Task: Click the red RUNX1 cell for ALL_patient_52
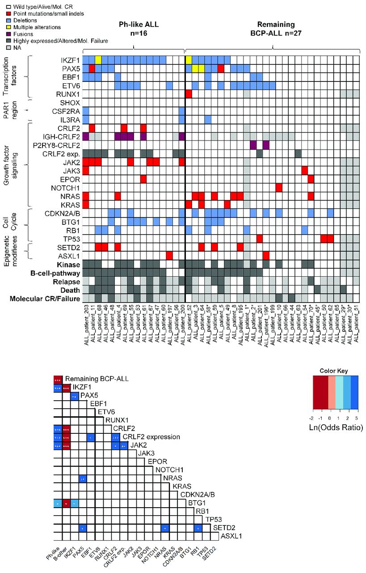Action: pos(189,94)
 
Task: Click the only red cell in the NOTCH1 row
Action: pos(279,188)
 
